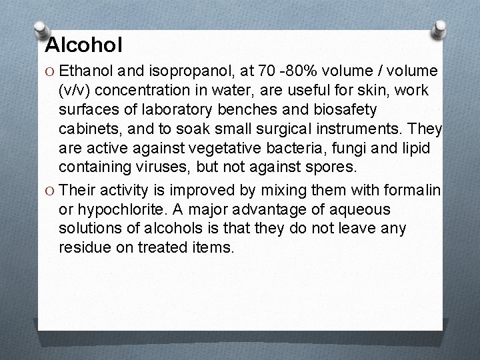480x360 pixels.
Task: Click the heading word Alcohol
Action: [84, 45]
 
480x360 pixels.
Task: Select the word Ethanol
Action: [86, 71]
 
